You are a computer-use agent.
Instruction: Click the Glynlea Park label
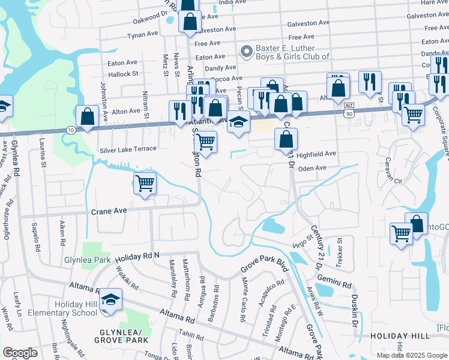coord(88,260)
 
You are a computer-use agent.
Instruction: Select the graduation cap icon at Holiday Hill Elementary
coord(110,299)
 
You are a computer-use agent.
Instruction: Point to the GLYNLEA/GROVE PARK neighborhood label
coord(117,337)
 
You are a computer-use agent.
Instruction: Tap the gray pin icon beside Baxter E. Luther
coord(246,52)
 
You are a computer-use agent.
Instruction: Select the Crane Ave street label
coord(112,211)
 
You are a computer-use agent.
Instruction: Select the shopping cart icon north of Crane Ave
coord(145,182)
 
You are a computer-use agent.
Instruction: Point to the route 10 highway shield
coord(71,130)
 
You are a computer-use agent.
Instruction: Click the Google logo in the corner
coord(20,353)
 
